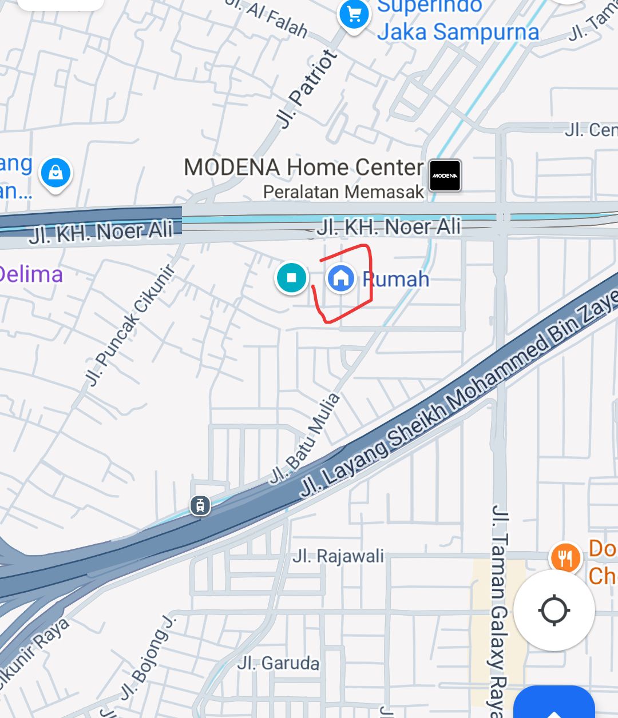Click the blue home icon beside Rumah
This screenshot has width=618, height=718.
[x=341, y=278]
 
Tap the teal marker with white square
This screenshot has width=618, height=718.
[x=292, y=278]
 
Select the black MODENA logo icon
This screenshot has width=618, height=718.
[x=445, y=175]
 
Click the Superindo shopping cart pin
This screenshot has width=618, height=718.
[x=354, y=15]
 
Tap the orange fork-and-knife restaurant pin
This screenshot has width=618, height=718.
[x=565, y=558]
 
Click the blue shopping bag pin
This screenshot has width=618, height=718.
[x=56, y=173]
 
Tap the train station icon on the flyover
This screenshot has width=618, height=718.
[x=200, y=505]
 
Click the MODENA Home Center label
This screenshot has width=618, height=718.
[x=303, y=167]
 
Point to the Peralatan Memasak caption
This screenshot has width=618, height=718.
[x=343, y=192]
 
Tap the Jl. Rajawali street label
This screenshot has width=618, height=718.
[x=338, y=556]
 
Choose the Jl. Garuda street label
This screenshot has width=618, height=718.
[x=278, y=663]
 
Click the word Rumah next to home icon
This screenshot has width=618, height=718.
[x=396, y=280]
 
